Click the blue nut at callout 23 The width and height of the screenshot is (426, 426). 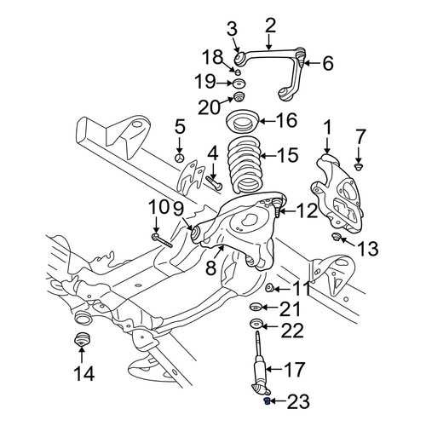pyautogui.click(x=267, y=401)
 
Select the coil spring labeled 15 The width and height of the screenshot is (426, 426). pyautogui.click(x=245, y=165)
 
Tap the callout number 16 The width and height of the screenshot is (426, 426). pyautogui.click(x=287, y=120)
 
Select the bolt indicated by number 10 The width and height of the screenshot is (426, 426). pyautogui.click(x=162, y=240)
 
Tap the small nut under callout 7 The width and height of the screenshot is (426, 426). pyautogui.click(x=360, y=167)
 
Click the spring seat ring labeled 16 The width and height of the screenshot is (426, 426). pyautogui.click(x=243, y=122)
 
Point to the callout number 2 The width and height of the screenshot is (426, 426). pyautogui.click(x=270, y=26)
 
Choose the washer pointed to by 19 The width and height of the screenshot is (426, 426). pyautogui.click(x=239, y=83)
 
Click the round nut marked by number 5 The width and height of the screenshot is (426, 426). pyautogui.click(x=180, y=158)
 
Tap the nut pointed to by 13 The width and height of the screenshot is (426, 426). pyautogui.click(x=337, y=236)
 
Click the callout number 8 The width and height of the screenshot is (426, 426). pyautogui.click(x=210, y=268)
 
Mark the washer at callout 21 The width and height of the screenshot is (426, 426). pyautogui.click(x=256, y=307)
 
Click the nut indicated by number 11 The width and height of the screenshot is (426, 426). pyautogui.click(x=269, y=288)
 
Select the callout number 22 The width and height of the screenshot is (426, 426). pyautogui.click(x=292, y=330)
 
